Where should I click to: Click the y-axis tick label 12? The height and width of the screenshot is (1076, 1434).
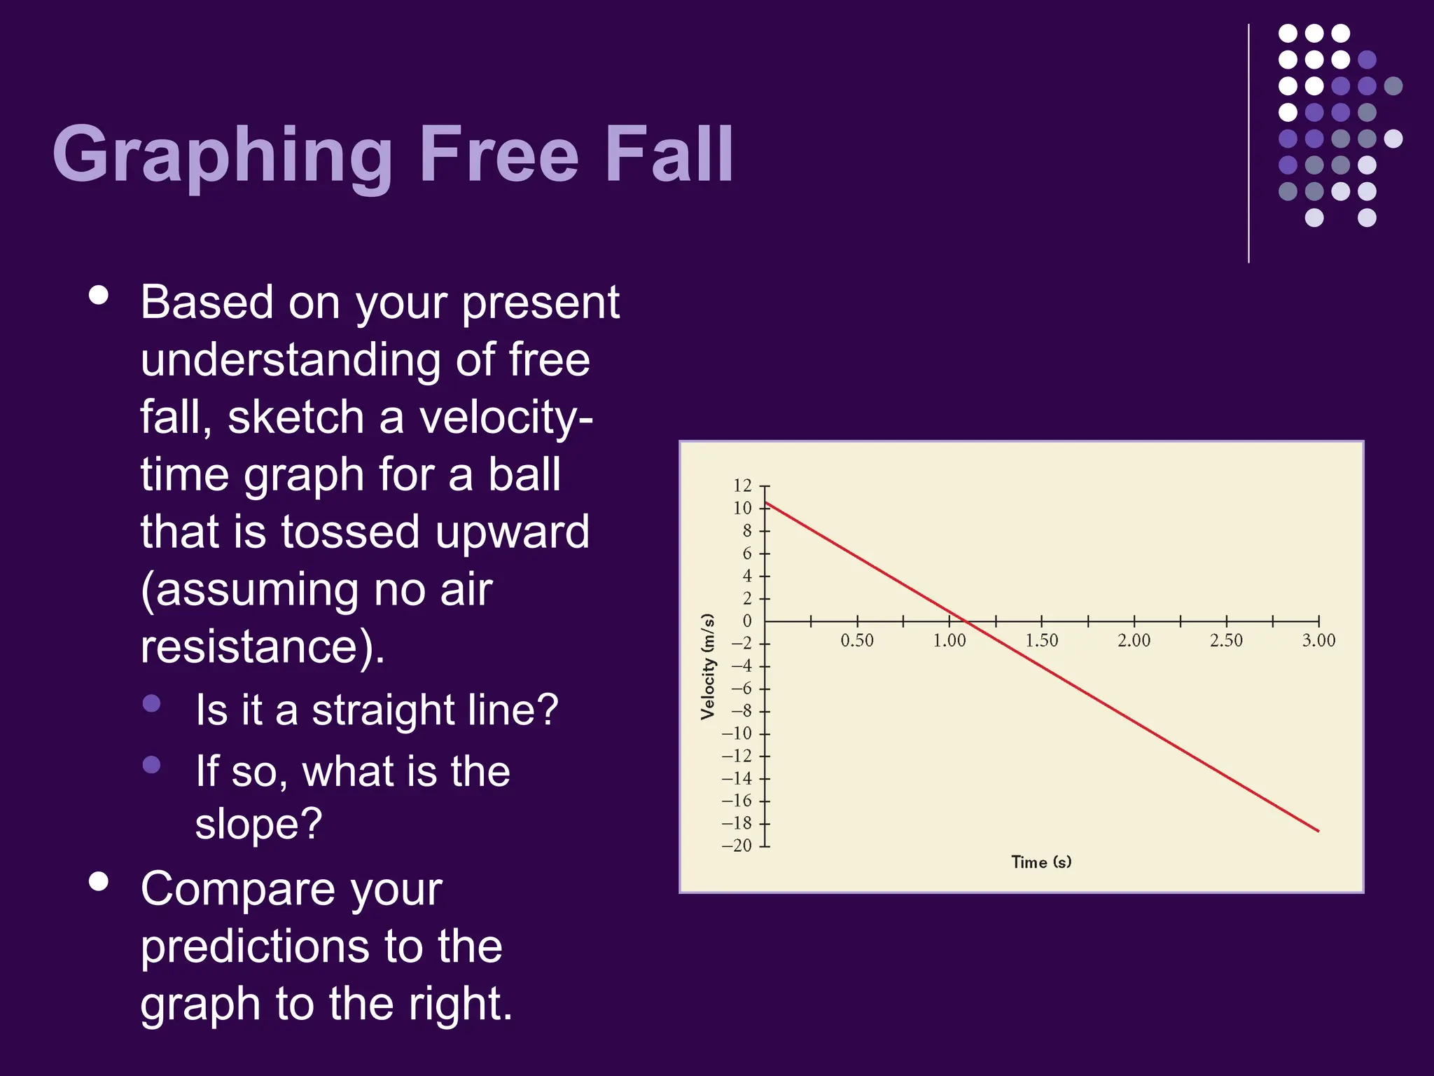click(x=742, y=485)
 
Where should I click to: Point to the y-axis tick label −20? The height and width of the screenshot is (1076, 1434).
click(x=737, y=846)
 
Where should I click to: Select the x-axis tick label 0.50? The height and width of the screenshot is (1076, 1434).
click(x=857, y=640)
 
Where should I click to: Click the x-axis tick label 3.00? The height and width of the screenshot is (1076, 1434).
click(x=1318, y=640)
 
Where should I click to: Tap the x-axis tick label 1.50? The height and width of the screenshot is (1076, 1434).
click(x=1042, y=640)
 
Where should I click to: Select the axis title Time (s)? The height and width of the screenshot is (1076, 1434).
click(x=1041, y=862)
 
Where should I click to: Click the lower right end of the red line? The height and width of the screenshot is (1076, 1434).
click(x=1318, y=831)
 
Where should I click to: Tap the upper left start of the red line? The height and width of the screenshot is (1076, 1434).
click(x=767, y=502)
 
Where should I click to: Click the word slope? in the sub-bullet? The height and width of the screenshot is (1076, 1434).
click(x=258, y=823)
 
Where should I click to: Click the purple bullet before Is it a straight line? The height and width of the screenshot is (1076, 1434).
click(x=151, y=703)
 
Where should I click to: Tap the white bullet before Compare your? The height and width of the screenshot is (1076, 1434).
click(x=99, y=881)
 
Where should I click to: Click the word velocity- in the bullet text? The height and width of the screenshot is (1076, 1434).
click(x=506, y=418)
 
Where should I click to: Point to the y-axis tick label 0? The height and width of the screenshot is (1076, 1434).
click(x=747, y=621)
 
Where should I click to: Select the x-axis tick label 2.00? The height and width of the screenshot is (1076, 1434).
click(x=1134, y=640)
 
